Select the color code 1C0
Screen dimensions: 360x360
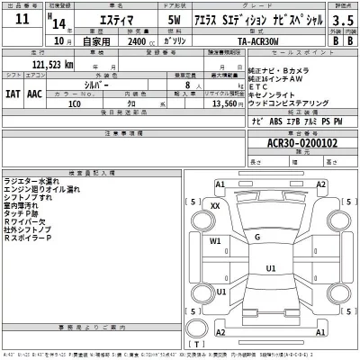pos(75,103)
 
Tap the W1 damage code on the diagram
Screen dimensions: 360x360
pos(215,240)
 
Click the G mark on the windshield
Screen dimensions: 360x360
pos(257,237)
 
